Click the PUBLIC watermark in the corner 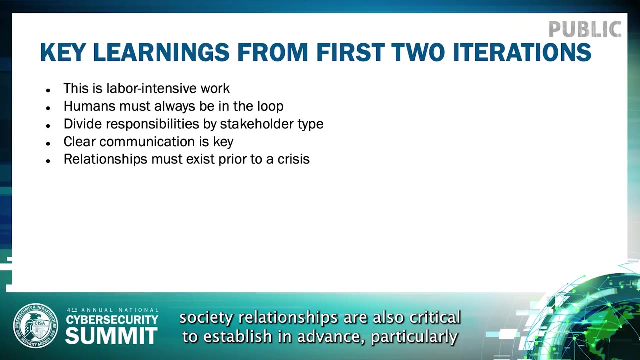coord(585,29)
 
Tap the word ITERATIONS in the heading coord(522,53)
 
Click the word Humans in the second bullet coord(89,106)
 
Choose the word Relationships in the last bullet coord(105,160)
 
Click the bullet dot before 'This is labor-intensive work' coord(48,90)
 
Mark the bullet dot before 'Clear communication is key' coord(48,143)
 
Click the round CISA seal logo coord(36,326)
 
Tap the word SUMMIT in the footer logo coord(111,336)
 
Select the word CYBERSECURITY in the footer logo coord(112,320)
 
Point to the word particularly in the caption coord(414,337)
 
